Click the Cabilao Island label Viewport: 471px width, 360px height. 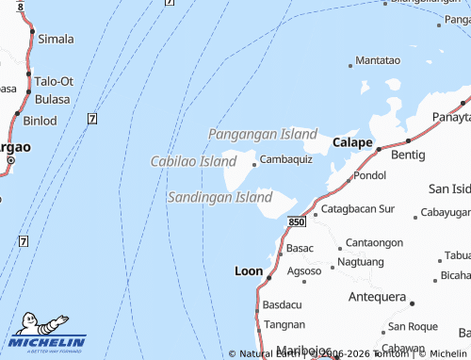(x=193, y=162)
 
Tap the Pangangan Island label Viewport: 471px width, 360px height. (x=263, y=134)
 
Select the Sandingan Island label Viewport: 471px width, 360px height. (x=219, y=197)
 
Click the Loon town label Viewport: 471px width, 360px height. (x=249, y=270)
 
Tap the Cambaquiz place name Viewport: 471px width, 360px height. (x=286, y=159)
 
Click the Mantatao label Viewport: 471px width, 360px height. (x=379, y=60)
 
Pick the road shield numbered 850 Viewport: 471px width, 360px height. (x=297, y=221)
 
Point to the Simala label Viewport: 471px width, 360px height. (x=56, y=39)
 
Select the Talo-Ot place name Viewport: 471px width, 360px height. (x=54, y=81)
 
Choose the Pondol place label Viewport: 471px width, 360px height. (x=370, y=175)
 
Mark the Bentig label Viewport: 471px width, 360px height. (x=408, y=153)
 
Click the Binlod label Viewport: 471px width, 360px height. (x=40, y=121)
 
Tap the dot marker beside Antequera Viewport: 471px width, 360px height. (x=412, y=303)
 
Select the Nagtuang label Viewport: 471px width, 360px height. (x=360, y=261)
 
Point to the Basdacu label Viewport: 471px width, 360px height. (x=284, y=305)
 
